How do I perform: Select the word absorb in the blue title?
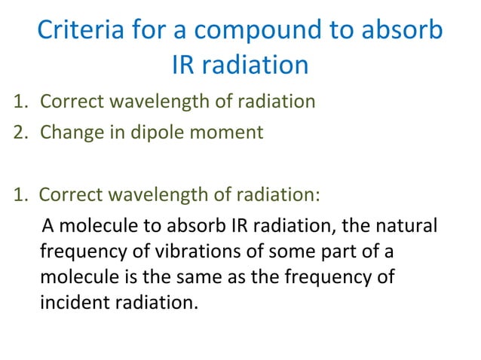401,32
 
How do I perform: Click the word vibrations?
173,250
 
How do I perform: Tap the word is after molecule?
127,276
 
